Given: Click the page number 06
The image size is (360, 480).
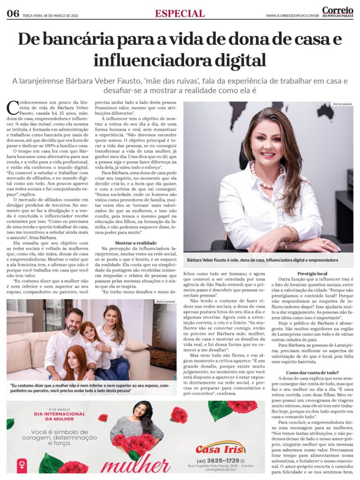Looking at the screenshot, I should click(x=13, y=14).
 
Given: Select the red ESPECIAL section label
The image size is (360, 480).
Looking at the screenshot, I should click(x=180, y=14).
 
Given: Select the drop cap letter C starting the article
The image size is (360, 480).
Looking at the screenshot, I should click(x=12, y=108).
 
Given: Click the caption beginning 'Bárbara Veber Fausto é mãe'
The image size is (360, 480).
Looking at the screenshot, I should click(x=262, y=259).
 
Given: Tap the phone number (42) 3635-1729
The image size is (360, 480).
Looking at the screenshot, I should click(x=218, y=460).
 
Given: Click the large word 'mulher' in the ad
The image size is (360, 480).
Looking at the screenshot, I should click(x=136, y=465).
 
